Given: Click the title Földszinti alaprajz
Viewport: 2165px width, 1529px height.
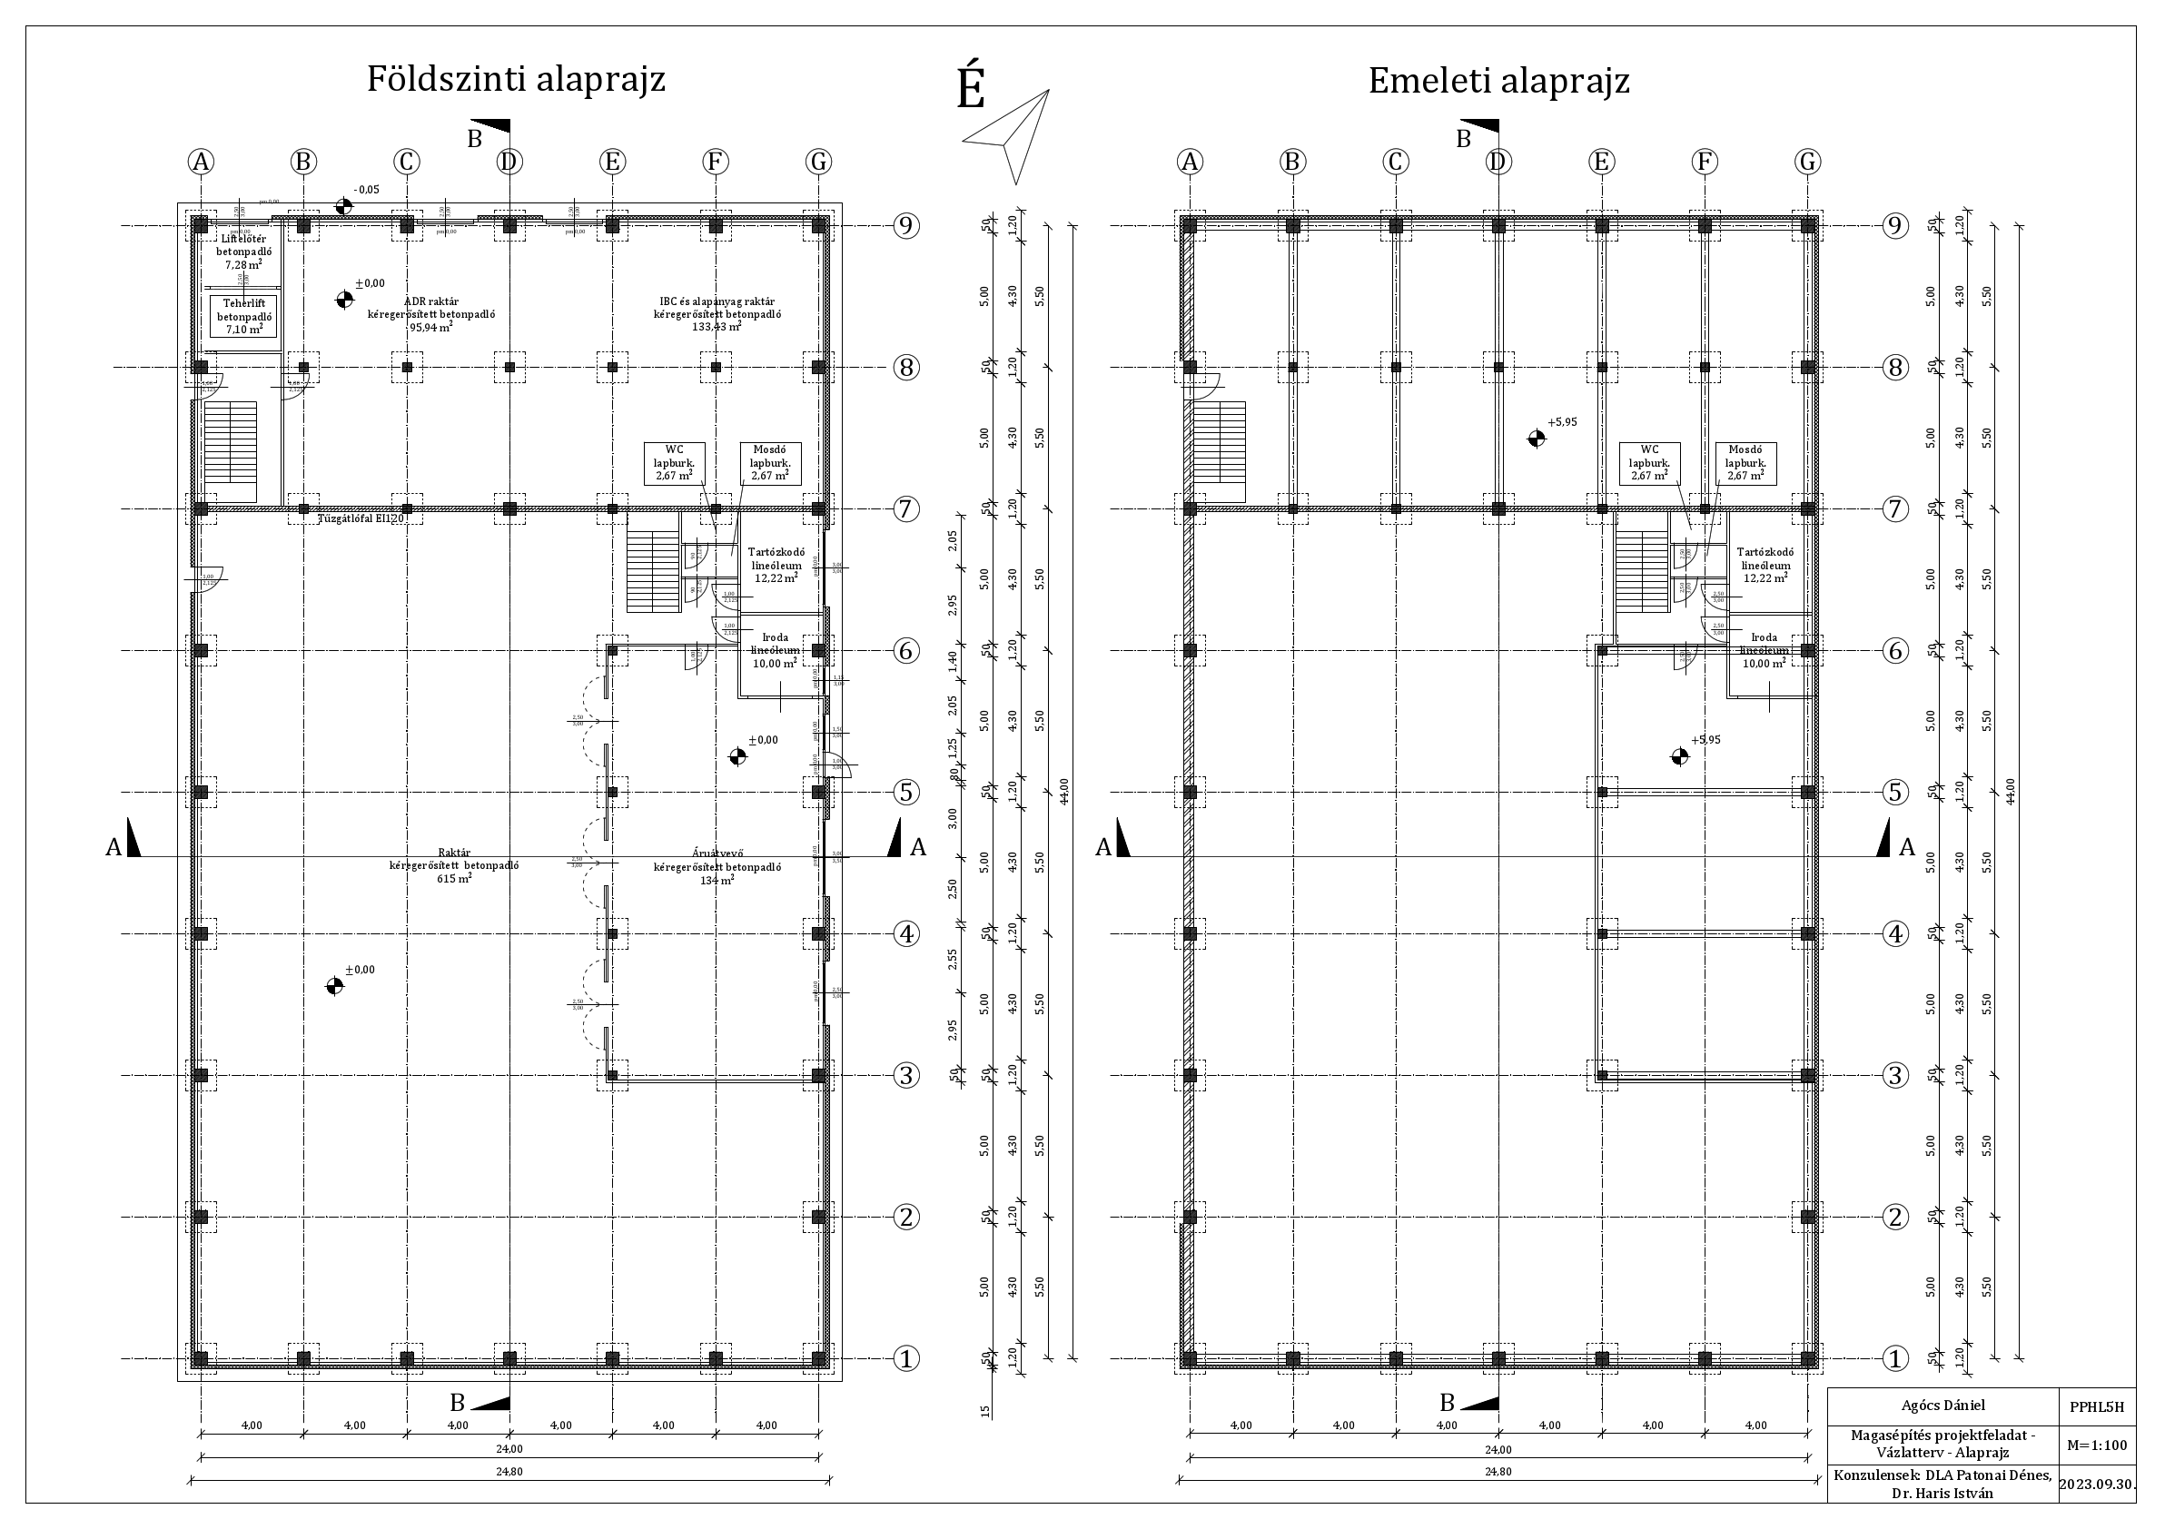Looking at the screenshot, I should [x=516, y=79].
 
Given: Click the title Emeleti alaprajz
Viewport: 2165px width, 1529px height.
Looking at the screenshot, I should [x=1498, y=81].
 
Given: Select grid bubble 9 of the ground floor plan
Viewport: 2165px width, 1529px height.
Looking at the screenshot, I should [x=905, y=226].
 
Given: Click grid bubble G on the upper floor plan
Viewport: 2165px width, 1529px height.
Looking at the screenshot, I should [x=1806, y=163].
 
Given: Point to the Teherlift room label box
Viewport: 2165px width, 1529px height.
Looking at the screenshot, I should [x=244, y=317].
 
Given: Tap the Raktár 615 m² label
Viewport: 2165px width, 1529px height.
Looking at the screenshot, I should [x=453, y=865].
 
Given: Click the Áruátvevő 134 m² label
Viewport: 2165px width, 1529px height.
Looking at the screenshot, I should [x=717, y=866].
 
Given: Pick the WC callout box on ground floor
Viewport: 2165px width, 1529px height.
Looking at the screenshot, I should [x=674, y=463].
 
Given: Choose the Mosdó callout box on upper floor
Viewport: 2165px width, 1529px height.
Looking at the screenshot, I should [x=1745, y=463].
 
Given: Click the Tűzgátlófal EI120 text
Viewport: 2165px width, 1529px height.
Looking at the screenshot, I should [x=361, y=518].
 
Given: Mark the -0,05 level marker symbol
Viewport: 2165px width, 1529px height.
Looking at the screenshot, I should [x=343, y=205].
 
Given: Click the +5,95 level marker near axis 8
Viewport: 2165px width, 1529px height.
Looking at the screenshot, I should [x=1536, y=438].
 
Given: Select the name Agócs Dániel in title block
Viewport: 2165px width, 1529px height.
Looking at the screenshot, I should [x=1942, y=1406].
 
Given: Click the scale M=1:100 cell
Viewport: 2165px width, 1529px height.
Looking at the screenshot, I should [x=2095, y=1445].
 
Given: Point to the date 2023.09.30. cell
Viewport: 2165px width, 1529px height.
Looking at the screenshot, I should [x=2095, y=1483].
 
